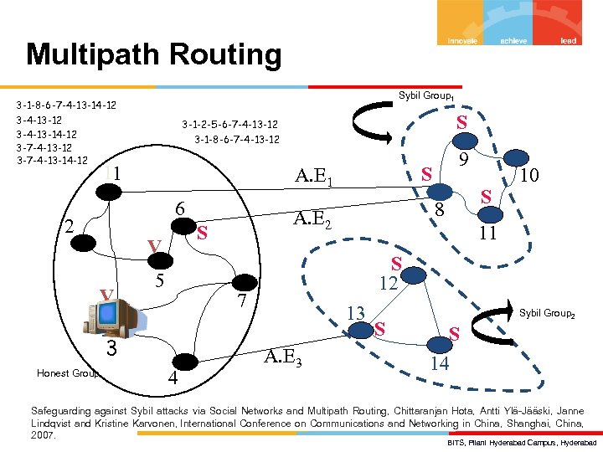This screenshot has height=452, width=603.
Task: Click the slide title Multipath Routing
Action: (154, 55)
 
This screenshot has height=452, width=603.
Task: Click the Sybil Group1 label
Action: (425, 96)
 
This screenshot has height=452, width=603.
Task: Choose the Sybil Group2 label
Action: (547, 313)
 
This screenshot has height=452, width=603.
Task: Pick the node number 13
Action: (355, 312)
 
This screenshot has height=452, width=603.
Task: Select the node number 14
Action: (440, 363)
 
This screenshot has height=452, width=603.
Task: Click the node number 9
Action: (463, 157)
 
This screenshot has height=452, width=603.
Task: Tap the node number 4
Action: (172, 378)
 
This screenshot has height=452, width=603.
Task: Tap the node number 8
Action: (437, 209)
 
